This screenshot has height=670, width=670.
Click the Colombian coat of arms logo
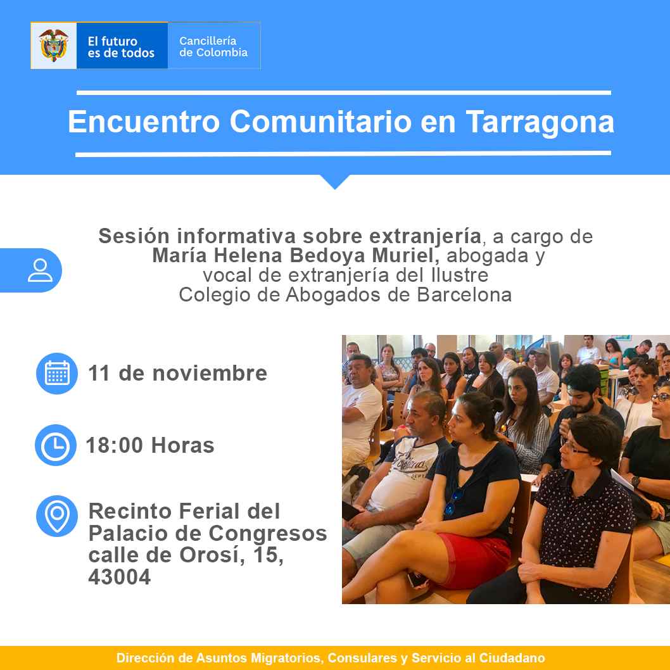pos(53,46)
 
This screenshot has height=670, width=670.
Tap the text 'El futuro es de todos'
pos(121,47)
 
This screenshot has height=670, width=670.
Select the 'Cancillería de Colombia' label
pos(213,47)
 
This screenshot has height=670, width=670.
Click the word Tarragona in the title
pos(540,122)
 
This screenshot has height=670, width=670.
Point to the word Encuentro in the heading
pos(144,122)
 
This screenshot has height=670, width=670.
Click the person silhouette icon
pos(40,270)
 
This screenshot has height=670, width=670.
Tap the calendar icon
pos(57,374)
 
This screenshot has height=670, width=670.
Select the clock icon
pos(56,445)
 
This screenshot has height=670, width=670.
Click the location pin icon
pos(57,516)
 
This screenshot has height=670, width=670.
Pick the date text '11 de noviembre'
pos(178,373)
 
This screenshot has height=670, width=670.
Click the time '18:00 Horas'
pos(150,445)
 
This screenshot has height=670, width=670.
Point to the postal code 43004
pos(120,577)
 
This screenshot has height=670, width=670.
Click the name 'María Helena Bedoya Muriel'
pos(296,255)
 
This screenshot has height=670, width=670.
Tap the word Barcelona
pos(464,295)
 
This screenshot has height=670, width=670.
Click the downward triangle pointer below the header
pos(335,181)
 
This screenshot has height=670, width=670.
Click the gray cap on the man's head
pos(540,351)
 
